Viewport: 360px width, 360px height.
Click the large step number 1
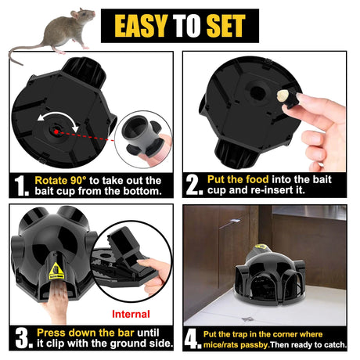click(x=20, y=185)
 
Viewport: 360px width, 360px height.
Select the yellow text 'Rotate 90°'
click(x=63, y=179)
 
